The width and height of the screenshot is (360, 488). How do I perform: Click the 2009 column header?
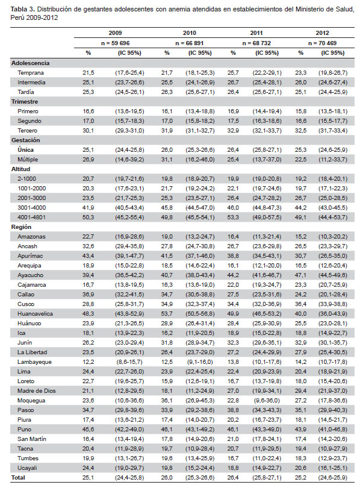pyautogui.click(x=115, y=33)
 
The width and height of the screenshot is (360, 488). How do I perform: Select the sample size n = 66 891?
pyautogui.click(x=189, y=43)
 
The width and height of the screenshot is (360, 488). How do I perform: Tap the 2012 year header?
pyautogui.click(x=323, y=33)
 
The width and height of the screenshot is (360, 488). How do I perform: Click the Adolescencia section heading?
pyautogui.click(x=31, y=63)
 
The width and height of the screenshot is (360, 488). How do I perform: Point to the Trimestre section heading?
pyautogui.click(x=25, y=102)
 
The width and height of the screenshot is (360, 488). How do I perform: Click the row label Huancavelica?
pyautogui.click(x=35, y=314)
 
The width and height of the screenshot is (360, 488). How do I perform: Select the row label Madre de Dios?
pyautogui.click(x=37, y=391)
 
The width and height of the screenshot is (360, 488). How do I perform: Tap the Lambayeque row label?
pyautogui.click(x=34, y=362)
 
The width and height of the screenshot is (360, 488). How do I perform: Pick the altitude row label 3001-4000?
pyautogui.click(x=32, y=208)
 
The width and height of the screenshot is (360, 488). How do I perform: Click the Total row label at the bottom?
pyautogui.click(x=18, y=477)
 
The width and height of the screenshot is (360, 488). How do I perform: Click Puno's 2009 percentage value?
pyautogui.click(x=88, y=430)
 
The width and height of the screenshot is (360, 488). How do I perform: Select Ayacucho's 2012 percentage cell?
pyautogui.click(x=300, y=275)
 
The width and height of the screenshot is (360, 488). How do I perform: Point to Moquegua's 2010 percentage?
pyautogui.click(x=167, y=401)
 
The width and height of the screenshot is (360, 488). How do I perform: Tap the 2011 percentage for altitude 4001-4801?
pyautogui.click(x=233, y=217)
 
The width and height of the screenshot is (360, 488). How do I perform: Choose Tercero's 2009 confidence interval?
pyautogui.click(x=129, y=131)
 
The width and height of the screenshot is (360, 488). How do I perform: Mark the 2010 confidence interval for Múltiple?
pyautogui.click(x=200, y=160)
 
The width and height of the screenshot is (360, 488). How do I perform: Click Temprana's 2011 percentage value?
pyautogui.click(x=233, y=73)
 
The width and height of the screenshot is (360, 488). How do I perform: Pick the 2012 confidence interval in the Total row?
pyautogui.click(x=333, y=477)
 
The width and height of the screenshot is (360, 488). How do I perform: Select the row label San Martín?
pyautogui.click(x=32, y=439)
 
